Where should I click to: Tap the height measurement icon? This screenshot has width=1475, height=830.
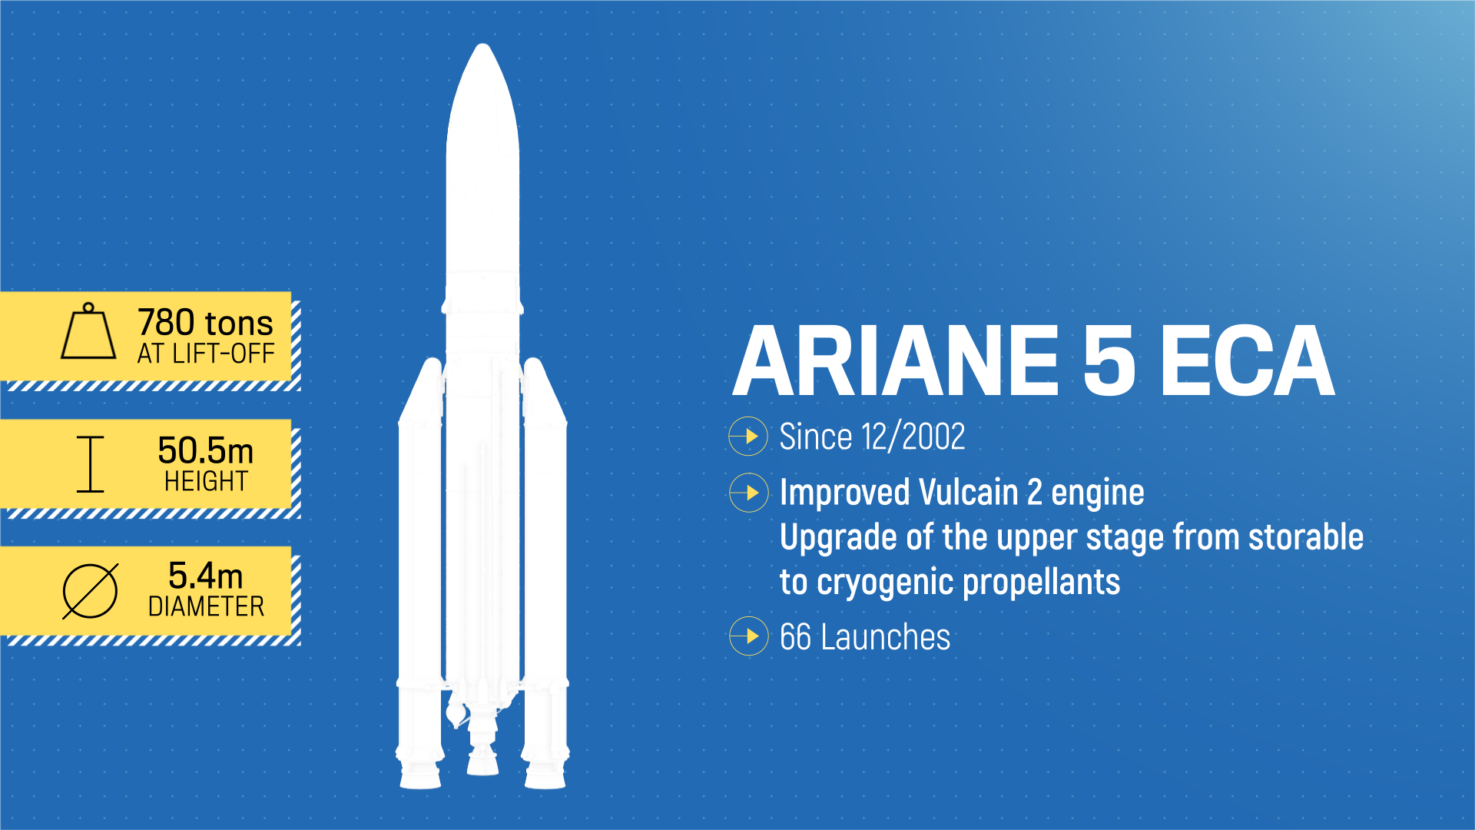(x=90, y=464)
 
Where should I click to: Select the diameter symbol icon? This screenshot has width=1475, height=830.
(x=90, y=591)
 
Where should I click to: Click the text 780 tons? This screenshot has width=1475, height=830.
(x=205, y=322)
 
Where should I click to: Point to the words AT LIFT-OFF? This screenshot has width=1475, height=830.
(x=206, y=354)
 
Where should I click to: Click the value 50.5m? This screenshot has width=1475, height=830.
(x=205, y=450)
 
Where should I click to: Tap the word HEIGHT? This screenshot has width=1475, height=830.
(x=206, y=481)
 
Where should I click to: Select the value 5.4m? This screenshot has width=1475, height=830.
(x=205, y=576)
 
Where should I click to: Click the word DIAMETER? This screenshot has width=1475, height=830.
(x=206, y=606)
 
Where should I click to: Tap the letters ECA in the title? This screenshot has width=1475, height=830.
(x=1246, y=361)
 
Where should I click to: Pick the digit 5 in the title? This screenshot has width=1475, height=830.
(x=1109, y=361)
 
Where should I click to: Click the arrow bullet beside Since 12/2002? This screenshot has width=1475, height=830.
(x=748, y=437)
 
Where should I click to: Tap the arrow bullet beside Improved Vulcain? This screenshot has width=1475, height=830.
(x=748, y=493)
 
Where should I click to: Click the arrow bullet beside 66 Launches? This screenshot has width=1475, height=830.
(x=748, y=636)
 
